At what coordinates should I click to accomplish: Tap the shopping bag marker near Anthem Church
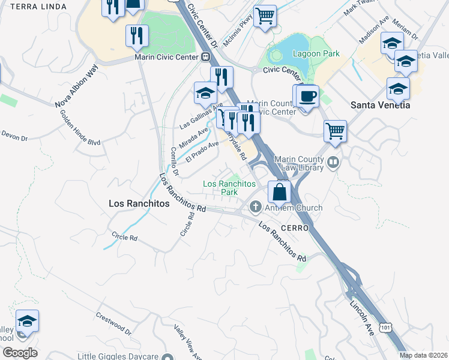pos(280,193)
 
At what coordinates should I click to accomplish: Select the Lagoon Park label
pos(316,54)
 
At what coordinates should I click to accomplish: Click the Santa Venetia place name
pos(380,105)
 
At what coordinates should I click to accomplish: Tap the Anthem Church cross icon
pos(256,208)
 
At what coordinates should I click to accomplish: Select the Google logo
pos(20,353)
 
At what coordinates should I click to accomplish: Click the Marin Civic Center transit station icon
pos(206,58)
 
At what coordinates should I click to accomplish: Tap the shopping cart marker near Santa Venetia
pos(336,130)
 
